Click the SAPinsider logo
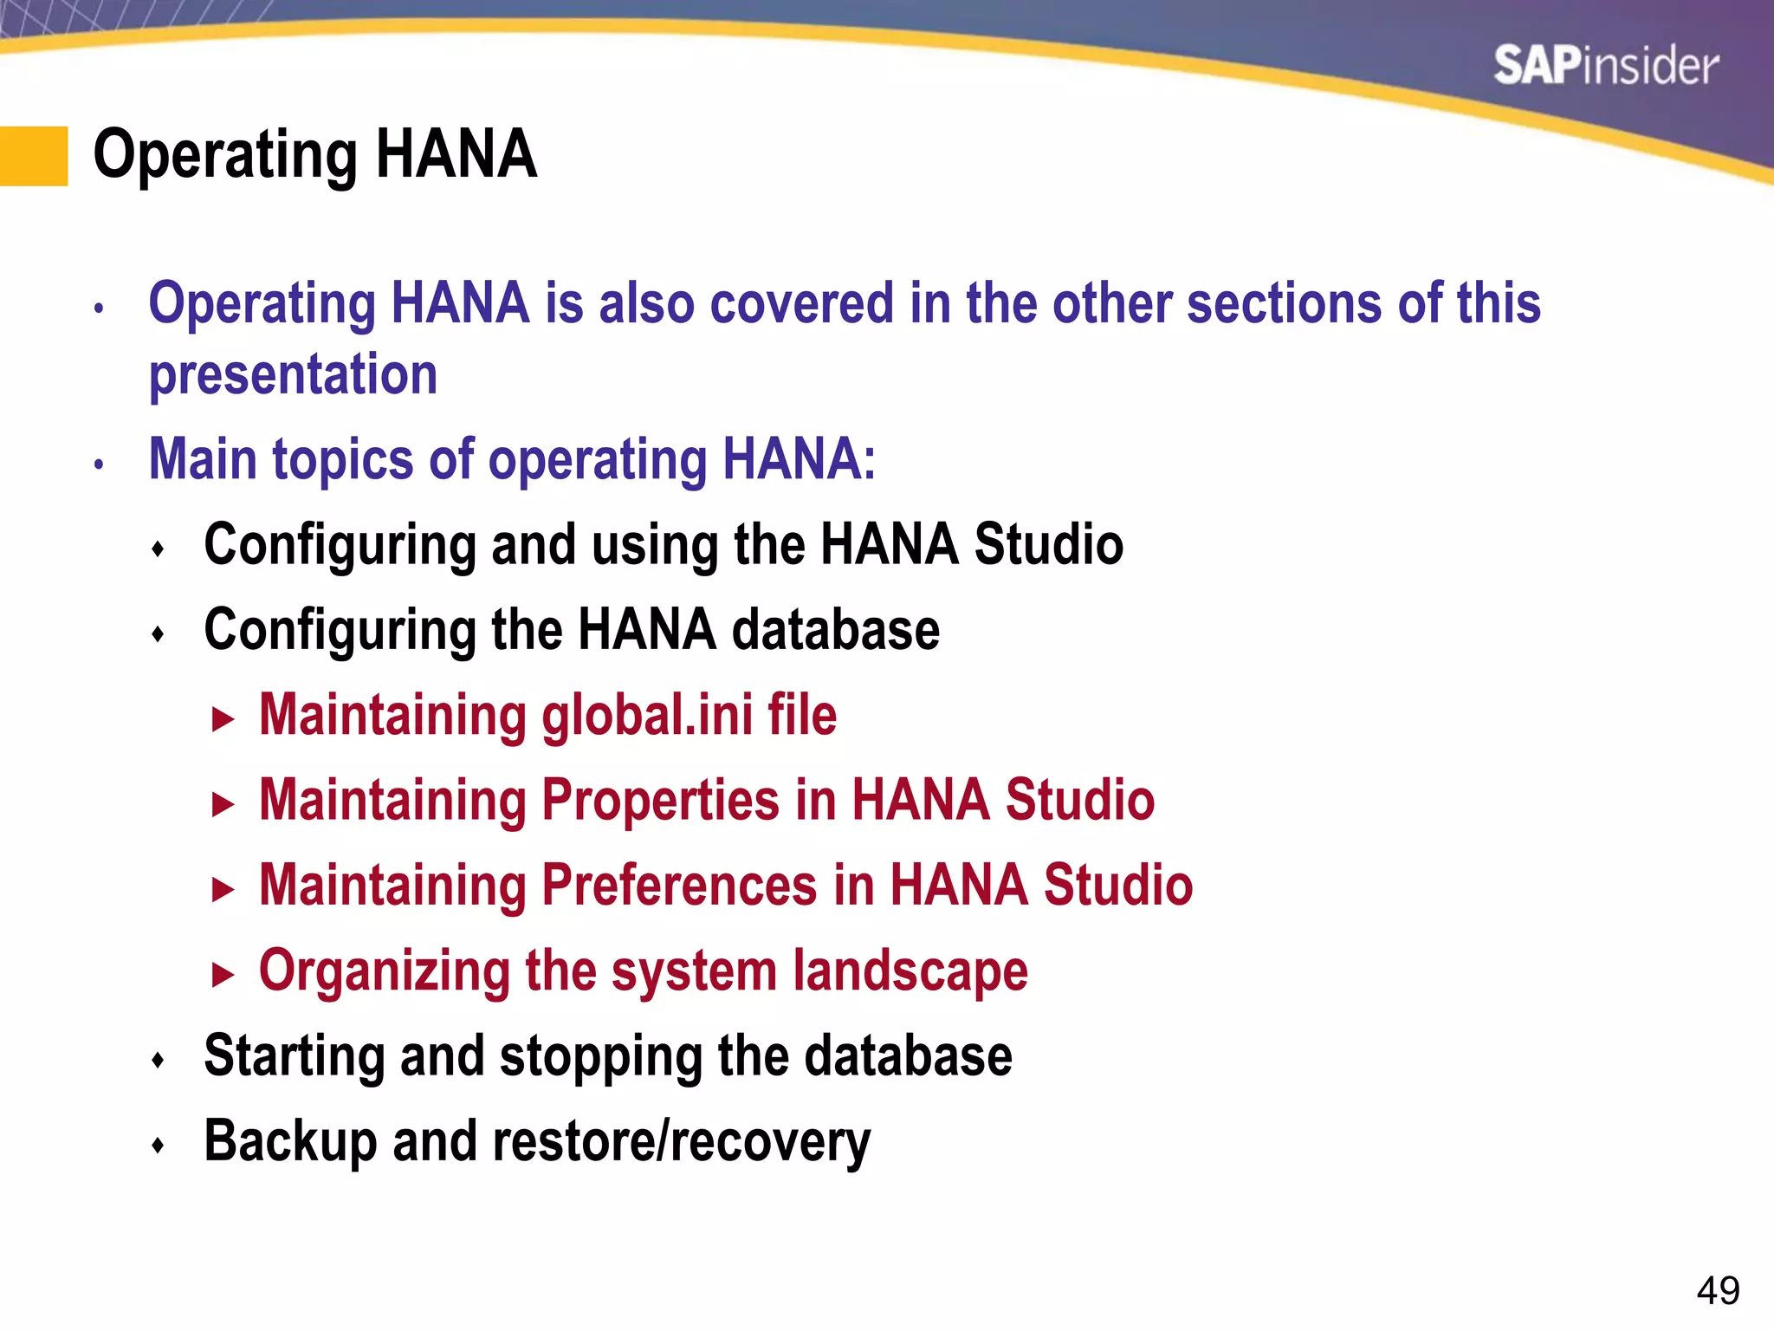[1605, 66]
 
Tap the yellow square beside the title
[34, 156]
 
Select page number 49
[1718, 1291]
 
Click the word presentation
[293, 375]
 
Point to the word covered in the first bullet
[801, 303]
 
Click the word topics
[343, 459]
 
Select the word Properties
[660, 800]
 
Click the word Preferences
[679, 886]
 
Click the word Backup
[290, 1142]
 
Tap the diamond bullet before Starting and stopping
[158, 1059]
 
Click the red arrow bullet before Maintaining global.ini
[223, 719]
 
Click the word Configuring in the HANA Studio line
[340, 546]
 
